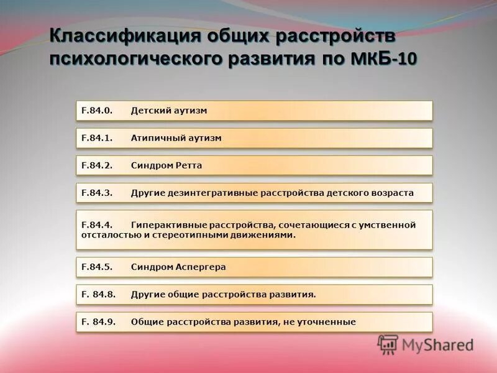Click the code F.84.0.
point(96,111)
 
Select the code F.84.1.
point(96,138)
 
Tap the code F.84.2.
point(96,165)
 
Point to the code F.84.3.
point(96,193)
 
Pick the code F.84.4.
point(96,224)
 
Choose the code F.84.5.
point(96,267)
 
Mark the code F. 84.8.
point(98,294)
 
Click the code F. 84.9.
point(98,321)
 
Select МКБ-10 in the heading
point(385,60)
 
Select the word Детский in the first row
point(149,111)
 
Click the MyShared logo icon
point(388,344)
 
